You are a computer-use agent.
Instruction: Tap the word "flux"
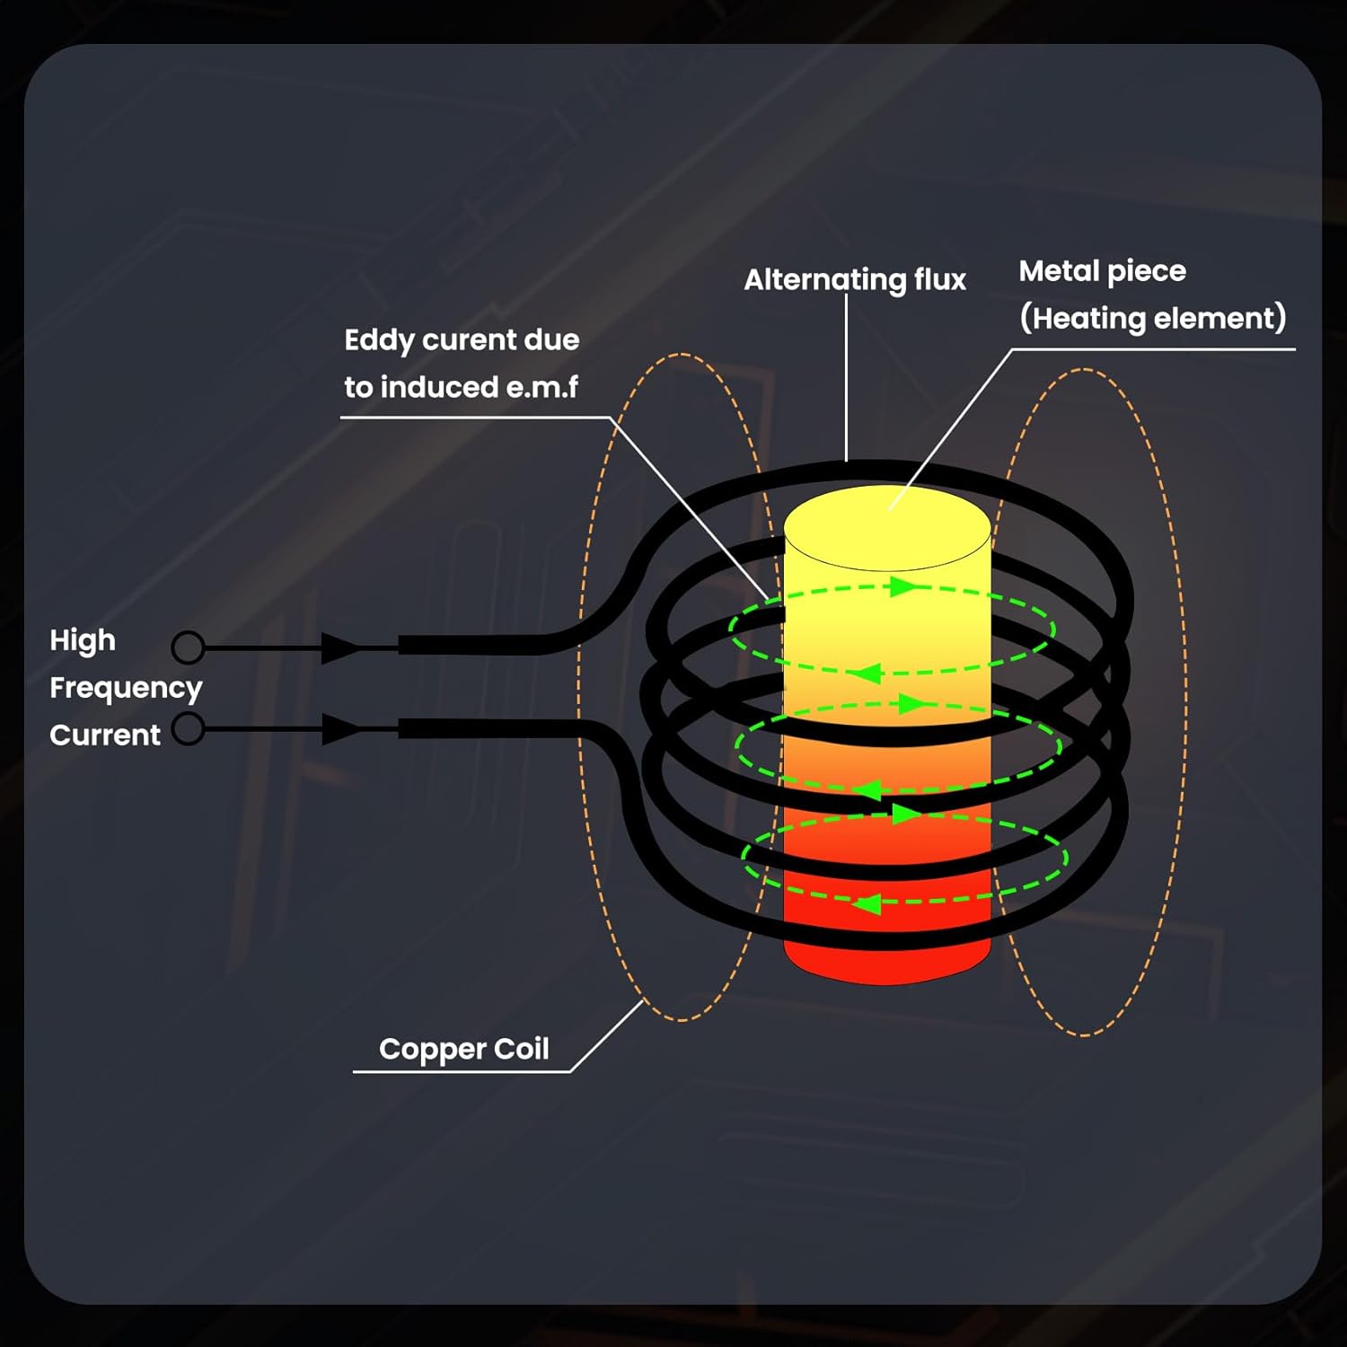click(x=940, y=279)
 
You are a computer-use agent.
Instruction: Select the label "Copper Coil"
click(x=463, y=1049)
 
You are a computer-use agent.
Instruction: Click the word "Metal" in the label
click(x=1058, y=270)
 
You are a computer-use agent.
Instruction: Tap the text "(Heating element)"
click(x=1152, y=318)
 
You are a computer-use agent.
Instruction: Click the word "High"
click(x=83, y=640)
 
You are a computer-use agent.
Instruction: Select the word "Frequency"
click(x=126, y=688)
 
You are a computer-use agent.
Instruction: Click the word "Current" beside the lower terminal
click(x=105, y=735)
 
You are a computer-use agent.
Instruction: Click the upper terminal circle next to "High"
click(x=188, y=647)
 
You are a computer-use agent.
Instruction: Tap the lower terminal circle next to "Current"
click(x=188, y=728)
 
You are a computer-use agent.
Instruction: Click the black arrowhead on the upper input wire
click(x=339, y=647)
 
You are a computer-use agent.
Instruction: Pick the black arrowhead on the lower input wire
click(x=339, y=728)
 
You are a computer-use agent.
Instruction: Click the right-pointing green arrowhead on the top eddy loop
click(x=902, y=587)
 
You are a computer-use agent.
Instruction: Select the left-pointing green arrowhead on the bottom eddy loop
click(x=867, y=903)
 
